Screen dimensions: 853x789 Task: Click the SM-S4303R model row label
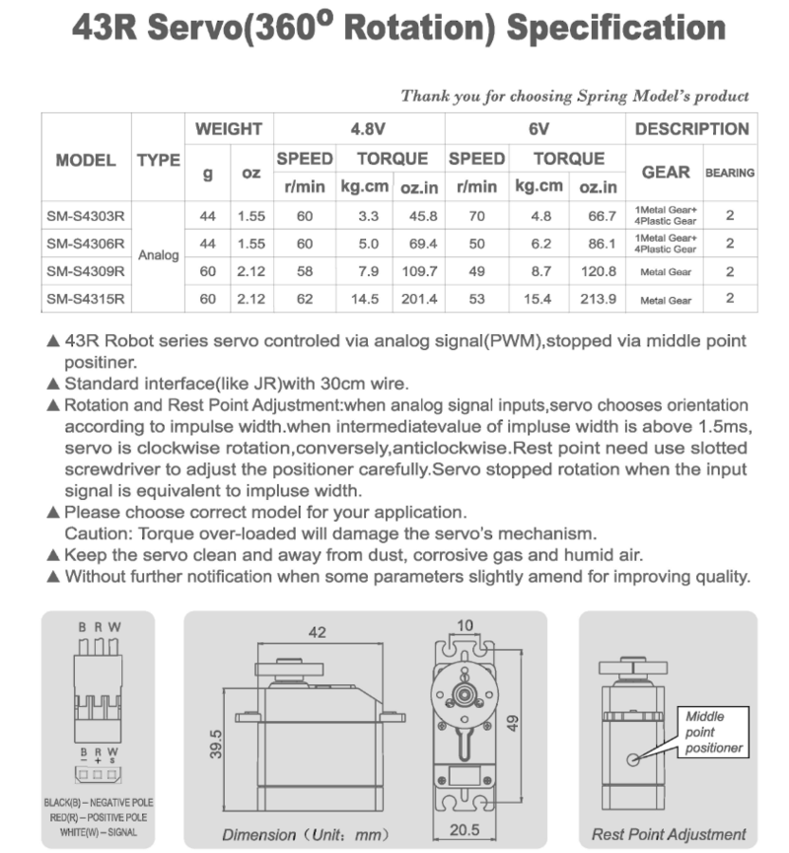(x=86, y=215)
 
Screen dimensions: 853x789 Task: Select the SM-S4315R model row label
(x=86, y=298)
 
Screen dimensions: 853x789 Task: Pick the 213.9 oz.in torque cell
(x=598, y=298)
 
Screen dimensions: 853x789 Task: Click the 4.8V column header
(x=360, y=129)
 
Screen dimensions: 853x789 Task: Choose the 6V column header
(x=538, y=129)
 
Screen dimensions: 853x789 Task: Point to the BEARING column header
(x=730, y=173)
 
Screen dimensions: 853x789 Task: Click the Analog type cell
(x=158, y=255)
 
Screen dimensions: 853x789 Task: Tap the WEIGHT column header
(x=228, y=129)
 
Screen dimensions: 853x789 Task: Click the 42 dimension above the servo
(x=316, y=633)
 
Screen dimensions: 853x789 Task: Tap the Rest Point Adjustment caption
(x=669, y=834)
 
